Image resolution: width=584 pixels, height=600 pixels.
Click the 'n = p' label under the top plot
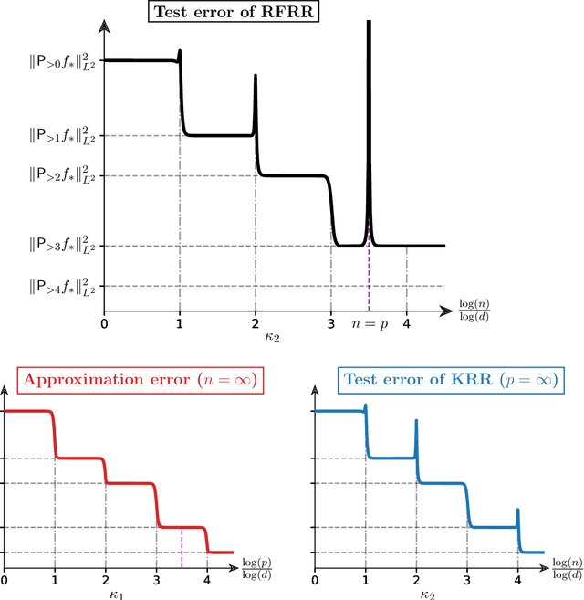click(370, 322)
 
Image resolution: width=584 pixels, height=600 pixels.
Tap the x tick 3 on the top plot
click(330, 322)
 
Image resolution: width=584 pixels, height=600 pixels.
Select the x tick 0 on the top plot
click(104, 322)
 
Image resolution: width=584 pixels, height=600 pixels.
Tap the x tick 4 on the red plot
click(207, 579)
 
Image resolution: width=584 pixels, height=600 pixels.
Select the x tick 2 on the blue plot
click(416, 579)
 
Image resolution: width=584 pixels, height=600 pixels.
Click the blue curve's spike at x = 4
click(518, 514)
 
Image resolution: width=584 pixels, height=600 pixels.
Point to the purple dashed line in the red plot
click(182, 540)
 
